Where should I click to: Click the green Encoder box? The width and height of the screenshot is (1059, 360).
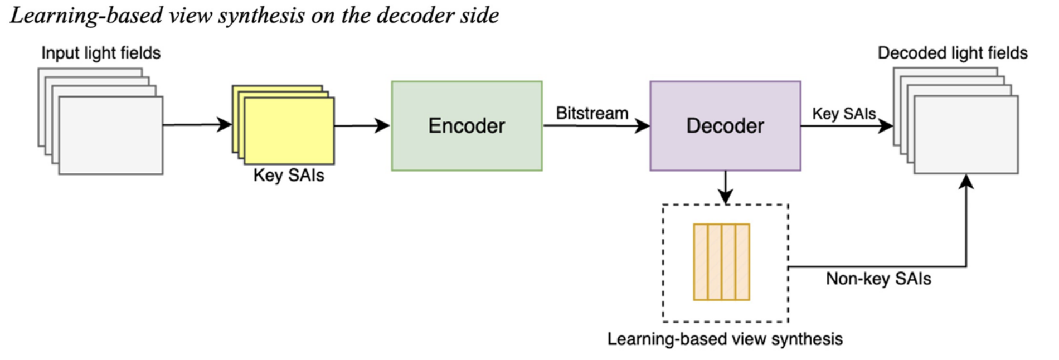[x=467, y=126]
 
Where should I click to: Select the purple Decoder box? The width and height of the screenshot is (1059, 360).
[x=725, y=126]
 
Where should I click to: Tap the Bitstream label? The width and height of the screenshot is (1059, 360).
[x=592, y=113]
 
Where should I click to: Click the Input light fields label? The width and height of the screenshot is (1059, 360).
[x=101, y=53]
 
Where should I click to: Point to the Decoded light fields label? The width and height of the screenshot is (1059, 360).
[x=952, y=53]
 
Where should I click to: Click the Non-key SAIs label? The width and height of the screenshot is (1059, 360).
[x=878, y=279]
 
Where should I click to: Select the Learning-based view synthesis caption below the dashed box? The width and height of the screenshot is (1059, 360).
[x=725, y=339]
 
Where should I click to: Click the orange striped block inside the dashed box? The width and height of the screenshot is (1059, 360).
[x=721, y=262]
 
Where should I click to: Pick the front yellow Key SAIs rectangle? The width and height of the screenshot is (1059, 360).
[x=289, y=131]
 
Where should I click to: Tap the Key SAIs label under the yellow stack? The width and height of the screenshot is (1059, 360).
[x=289, y=176]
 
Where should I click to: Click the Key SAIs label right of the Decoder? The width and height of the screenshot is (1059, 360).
[x=843, y=114]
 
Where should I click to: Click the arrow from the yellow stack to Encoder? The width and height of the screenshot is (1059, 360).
[x=362, y=126]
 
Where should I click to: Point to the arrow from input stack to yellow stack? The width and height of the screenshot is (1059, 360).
[x=197, y=125]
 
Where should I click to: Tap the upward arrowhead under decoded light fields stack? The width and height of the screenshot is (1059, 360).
[x=966, y=182]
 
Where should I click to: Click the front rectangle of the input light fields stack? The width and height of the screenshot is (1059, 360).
[x=111, y=135]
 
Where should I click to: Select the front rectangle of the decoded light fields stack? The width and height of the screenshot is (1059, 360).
[x=966, y=135]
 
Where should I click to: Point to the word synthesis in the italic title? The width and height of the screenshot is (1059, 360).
[x=261, y=16]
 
